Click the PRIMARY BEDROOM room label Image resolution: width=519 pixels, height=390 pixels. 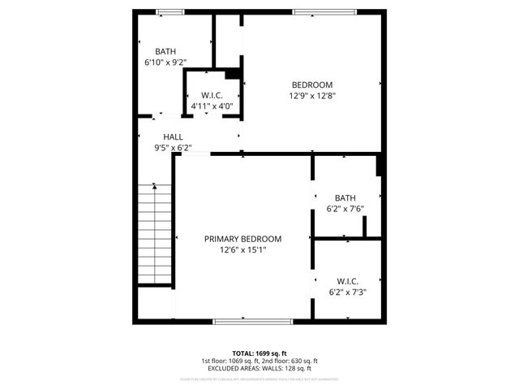(x=242, y=239)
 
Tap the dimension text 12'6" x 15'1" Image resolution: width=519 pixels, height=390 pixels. (x=242, y=250)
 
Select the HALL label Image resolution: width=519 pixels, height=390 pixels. (x=174, y=137)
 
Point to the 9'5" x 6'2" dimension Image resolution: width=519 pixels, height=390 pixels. (x=174, y=148)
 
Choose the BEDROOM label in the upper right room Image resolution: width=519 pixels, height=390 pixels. (x=312, y=84)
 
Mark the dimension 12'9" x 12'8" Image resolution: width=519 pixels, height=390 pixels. (x=312, y=96)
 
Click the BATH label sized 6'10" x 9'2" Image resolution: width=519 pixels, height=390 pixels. (x=166, y=51)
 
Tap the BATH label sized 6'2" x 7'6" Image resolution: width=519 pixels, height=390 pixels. (x=345, y=197)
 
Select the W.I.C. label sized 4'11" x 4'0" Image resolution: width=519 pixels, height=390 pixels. (x=212, y=95)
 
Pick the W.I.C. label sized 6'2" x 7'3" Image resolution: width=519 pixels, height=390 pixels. (x=347, y=280)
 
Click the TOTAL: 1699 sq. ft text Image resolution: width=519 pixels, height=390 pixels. (x=259, y=353)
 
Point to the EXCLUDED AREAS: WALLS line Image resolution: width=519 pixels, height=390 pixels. (x=259, y=368)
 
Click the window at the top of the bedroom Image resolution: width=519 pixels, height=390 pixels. (x=324, y=11)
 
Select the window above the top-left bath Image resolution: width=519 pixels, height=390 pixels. (x=170, y=11)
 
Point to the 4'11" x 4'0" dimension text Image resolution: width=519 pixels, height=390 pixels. (x=212, y=106)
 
